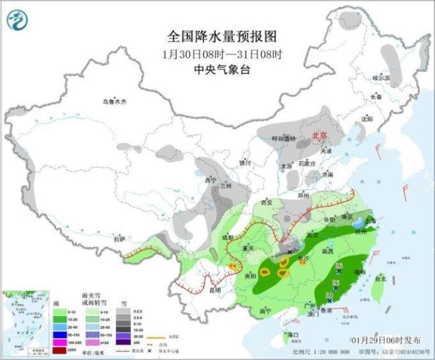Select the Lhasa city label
click(x=118, y=238)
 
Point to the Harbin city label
click(x=381, y=78)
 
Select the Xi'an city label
click(x=268, y=202)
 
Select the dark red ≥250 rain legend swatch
click(x=58, y=351)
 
